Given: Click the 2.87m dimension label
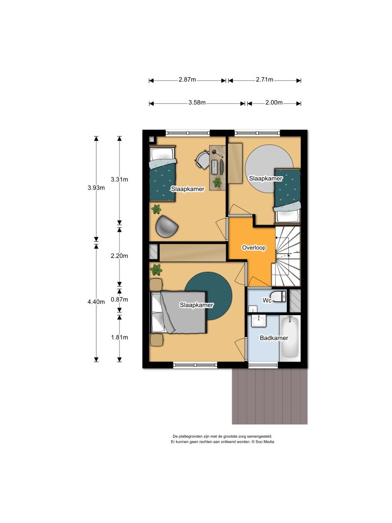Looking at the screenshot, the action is click(187, 80).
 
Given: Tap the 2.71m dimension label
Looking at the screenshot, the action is click(265, 80).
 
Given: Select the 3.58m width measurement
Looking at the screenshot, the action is click(197, 103).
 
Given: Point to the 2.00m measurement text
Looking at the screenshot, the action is click(274, 103).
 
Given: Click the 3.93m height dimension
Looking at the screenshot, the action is click(96, 188).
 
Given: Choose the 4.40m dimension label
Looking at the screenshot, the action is click(96, 302).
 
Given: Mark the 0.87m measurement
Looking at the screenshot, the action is click(119, 299).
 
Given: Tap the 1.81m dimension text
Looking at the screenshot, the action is click(119, 338).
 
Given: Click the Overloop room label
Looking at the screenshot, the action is click(254, 248).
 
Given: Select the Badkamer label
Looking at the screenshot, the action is click(274, 338).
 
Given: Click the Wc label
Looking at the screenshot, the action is click(266, 300).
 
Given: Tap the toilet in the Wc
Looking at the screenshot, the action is click(278, 296).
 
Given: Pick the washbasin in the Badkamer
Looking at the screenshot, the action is click(259, 321).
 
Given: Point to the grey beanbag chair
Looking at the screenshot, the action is click(166, 226).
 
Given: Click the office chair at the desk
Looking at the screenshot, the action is click(202, 160).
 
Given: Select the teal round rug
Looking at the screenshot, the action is click(208, 296).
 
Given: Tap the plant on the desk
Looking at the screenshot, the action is click(217, 182).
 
